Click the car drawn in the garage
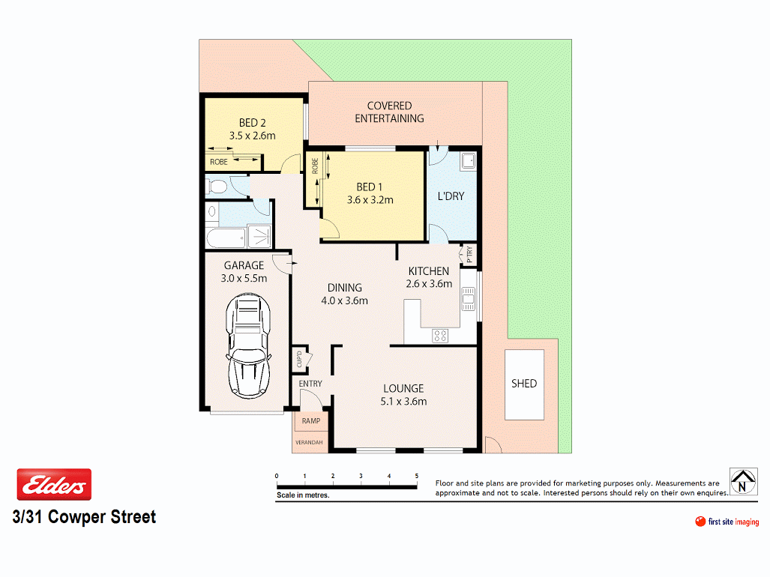[x=249, y=345]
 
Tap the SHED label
[x=524, y=383]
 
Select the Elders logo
[x=54, y=485]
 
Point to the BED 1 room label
[x=370, y=187]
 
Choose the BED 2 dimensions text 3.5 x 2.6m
[x=252, y=136]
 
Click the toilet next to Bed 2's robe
[x=217, y=185]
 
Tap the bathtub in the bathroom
[x=225, y=239]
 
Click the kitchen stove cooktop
[x=440, y=336]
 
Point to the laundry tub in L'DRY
[x=469, y=160]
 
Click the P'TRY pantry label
[x=469, y=255]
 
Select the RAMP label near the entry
[x=310, y=421]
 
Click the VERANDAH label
[x=308, y=443]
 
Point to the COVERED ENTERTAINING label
[x=389, y=112]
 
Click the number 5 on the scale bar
[x=416, y=476]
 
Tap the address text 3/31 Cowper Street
[x=84, y=517]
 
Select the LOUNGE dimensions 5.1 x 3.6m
[x=403, y=401]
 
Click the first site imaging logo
[x=727, y=522]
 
